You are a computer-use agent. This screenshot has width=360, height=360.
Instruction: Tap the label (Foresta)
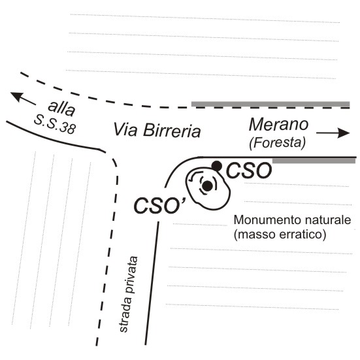coord(278,142)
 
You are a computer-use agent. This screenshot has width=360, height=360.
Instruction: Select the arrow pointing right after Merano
coord(333,133)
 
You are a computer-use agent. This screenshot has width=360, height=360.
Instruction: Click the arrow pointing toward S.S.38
coord(23,98)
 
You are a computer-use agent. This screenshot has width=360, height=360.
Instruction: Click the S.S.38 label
coord(55,124)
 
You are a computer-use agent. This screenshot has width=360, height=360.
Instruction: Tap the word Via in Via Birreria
coord(126,129)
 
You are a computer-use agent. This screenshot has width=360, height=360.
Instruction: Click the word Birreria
coord(172,131)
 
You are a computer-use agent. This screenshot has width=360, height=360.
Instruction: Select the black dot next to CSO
coord(217,166)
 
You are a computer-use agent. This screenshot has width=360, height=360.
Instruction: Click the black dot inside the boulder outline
coord(208,186)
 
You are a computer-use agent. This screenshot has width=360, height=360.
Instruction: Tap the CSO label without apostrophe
coord(249,171)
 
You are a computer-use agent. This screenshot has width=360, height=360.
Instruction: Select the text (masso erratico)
coord(280,235)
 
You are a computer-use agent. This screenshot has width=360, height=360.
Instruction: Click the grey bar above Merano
coord(270,104)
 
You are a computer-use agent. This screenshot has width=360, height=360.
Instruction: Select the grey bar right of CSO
coord(314,161)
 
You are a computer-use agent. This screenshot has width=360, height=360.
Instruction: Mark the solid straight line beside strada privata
coord(152,283)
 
